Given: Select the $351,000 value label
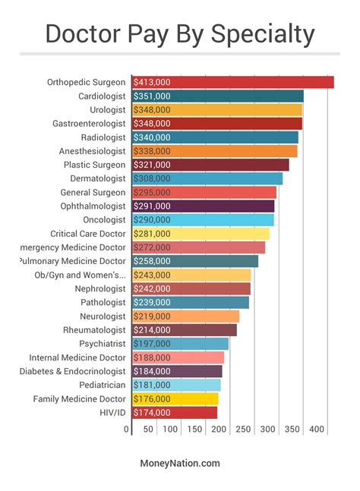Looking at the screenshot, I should (x=152, y=96).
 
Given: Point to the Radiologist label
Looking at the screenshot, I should (x=103, y=137).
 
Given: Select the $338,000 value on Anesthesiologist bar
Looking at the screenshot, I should (x=152, y=151).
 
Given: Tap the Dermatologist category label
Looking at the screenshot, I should (x=99, y=178).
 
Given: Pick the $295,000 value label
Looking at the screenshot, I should (x=152, y=193).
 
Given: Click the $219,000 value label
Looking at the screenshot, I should (x=152, y=316).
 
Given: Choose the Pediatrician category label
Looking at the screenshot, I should (x=103, y=385).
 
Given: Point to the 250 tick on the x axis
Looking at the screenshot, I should (x=243, y=430).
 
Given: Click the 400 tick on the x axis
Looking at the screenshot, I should (x=317, y=430).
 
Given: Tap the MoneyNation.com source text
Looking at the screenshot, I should (x=180, y=463).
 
